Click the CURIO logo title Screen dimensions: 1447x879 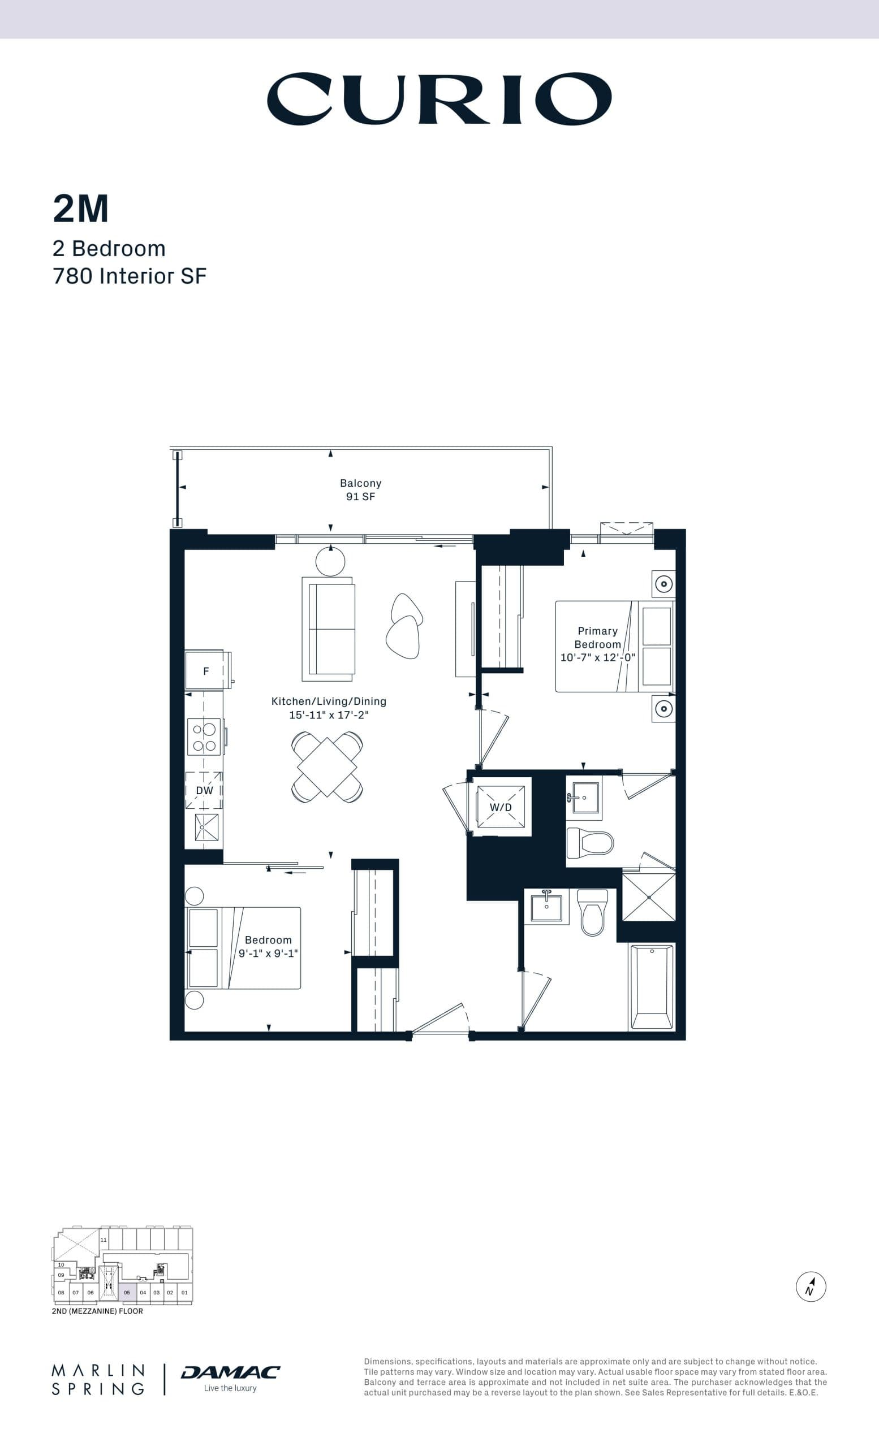pyautogui.click(x=439, y=99)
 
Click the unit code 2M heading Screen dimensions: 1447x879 pyautogui.click(x=80, y=209)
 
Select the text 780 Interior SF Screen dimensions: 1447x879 pyautogui.click(x=130, y=276)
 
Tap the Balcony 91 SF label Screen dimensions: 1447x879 pyautogui.click(x=360, y=489)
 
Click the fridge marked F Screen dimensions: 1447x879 pyautogui.click(x=206, y=670)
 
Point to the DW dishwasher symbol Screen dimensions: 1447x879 pyautogui.click(x=204, y=790)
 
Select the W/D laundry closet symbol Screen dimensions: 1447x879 pyautogui.click(x=501, y=807)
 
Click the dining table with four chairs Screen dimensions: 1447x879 pyautogui.click(x=327, y=767)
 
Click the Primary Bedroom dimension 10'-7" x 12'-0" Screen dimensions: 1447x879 pyautogui.click(x=597, y=658)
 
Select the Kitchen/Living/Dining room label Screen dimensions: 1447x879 pyautogui.click(x=329, y=701)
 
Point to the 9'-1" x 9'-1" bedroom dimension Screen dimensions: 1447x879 pyautogui.click(x=268, y=954)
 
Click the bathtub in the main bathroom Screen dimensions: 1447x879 pyautogui.click(x=651, y=986)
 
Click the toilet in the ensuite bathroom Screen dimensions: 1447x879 pyautogui.click(x=590, y=843)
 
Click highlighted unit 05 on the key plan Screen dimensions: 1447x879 pyautogui.click(x=127, y=1293)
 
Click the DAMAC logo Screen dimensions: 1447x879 pyautogui.click(x=230, y=1372)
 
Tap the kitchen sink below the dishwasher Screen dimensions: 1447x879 pyautogui.click(x=206, y=827)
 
